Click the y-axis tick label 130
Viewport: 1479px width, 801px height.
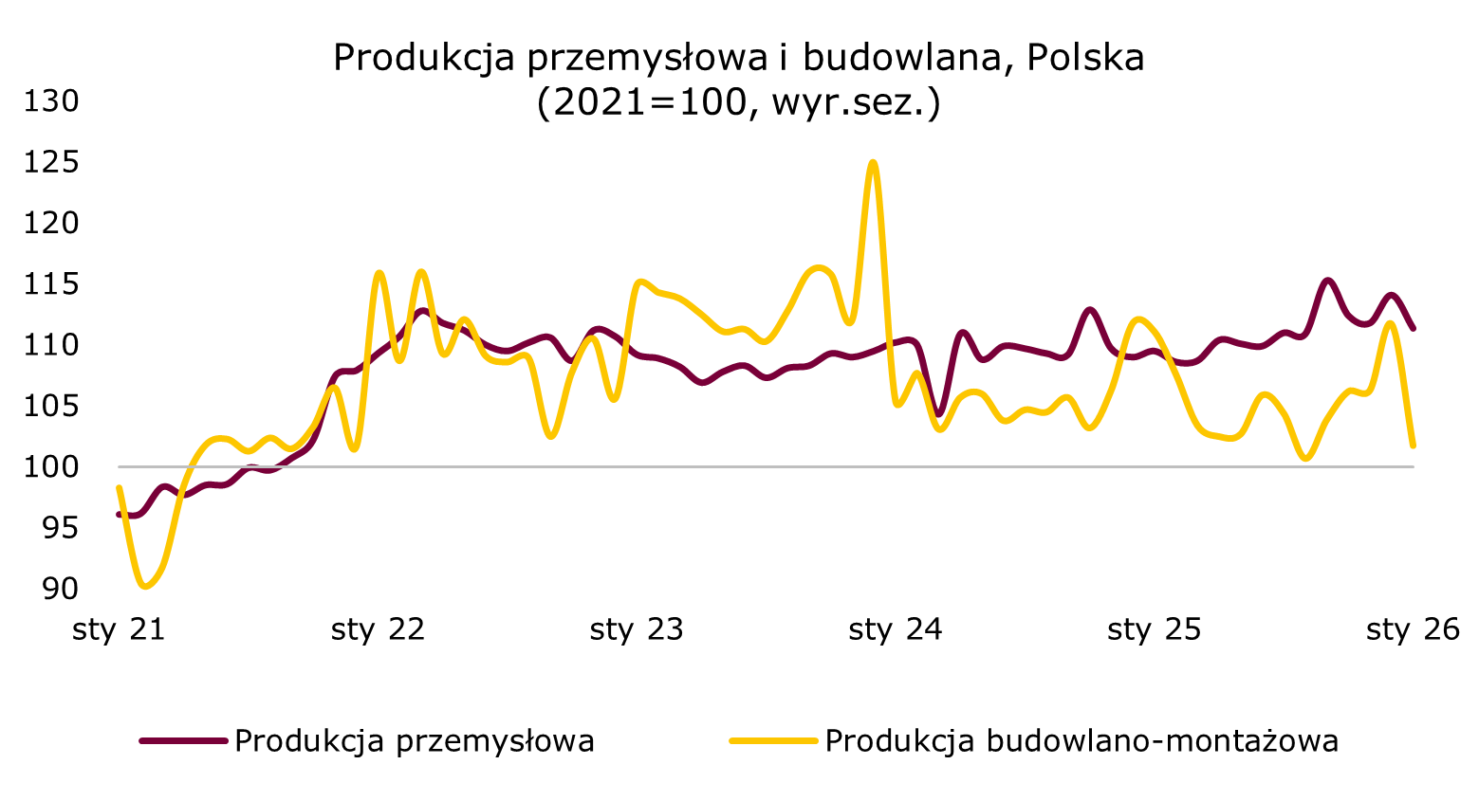point(49,100)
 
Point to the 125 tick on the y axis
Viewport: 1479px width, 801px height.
point(49,162)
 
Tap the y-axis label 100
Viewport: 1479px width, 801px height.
point(49,466)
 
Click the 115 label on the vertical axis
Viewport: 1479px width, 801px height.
point(49,283)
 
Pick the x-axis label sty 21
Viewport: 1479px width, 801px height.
point(119,629)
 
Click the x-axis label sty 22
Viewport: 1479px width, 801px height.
point(378,629)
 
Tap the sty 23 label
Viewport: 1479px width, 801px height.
point(637,629)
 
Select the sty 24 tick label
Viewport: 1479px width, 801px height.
point(896,629)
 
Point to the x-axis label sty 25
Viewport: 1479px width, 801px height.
point(1155,629)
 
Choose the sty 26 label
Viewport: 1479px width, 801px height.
point(1413,629)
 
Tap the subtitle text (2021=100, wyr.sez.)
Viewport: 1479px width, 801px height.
point(738,102)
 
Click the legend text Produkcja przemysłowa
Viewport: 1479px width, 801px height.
point(415,740)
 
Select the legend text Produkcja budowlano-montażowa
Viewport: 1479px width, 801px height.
point(1082,740)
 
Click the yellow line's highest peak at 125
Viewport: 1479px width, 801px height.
point(874,162)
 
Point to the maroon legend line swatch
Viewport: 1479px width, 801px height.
point(183,740)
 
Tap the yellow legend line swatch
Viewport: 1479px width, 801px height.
point(773,740)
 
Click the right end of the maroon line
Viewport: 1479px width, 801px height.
point(1414,329)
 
